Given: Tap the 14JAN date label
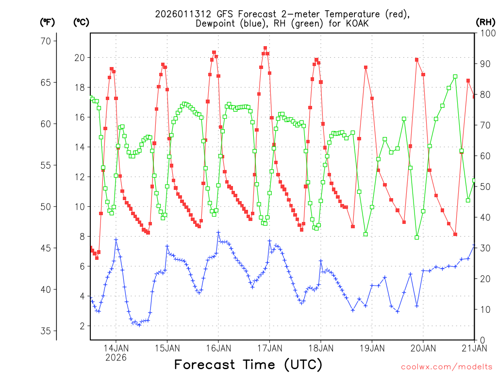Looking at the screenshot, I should (x=116, y=348).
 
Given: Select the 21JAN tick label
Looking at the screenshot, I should (x=474, y=348).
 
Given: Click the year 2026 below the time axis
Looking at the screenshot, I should (x=116, y=357).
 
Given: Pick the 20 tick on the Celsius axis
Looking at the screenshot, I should (x=79, y=58).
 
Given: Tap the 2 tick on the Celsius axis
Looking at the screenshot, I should (x=82, y=326).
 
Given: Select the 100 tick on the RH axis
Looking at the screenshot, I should (x=486, y=34).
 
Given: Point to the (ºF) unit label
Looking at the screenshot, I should (x=47, y=22).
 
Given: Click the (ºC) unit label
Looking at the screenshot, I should (x=81, y=22).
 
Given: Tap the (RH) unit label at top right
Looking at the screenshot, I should (x=485, y=22).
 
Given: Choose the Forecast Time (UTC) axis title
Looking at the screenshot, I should (x=248, y=364).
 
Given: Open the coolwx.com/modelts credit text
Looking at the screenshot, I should (x=447, y=367).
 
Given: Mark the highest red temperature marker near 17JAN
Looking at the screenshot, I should (x=265, y=48).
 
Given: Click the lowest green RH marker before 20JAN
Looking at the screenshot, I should (x=416, y=237).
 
